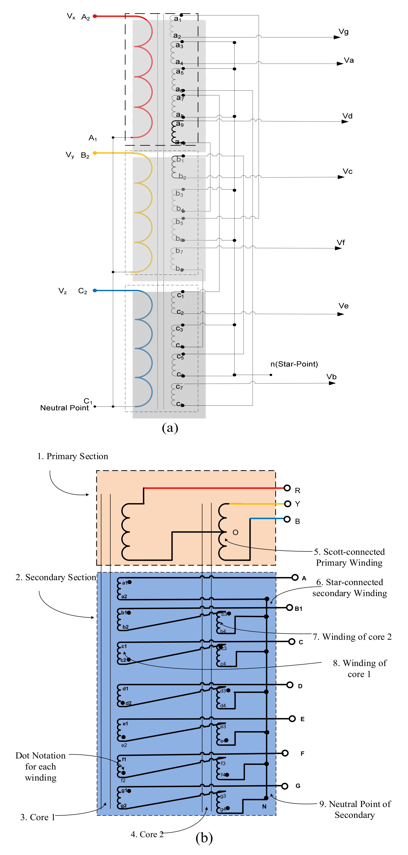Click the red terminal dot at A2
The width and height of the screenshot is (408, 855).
pos(95,16)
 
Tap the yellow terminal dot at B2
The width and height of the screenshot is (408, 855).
pos(95,153)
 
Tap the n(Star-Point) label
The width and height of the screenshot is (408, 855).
pos(294,364)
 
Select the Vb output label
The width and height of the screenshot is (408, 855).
pos(331,377)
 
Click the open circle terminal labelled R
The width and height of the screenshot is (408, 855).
pos(287,488)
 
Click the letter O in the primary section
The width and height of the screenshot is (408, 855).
pos(236,532)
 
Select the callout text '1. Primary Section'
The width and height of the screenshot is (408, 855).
pos(73,456)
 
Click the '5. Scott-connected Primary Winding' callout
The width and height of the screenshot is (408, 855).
pos(349,557)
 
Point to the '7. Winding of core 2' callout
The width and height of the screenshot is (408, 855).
pos(352,637)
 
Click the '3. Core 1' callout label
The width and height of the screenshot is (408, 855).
pos(37,817)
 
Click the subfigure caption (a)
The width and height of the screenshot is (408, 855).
pos(170,428)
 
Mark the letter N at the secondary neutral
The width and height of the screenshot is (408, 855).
pos(264,806)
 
